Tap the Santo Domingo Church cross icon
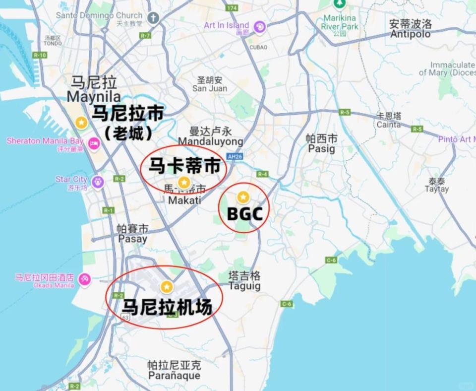pyautogui.click(x=153, y=18)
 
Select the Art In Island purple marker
pyautogui.click(x=259, y=27)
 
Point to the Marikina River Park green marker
pyautogui.click(x=339, y=4)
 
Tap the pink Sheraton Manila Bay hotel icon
pyautogui.click(x=93, y=143)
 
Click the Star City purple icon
pyautogui.click(x=98, y=181)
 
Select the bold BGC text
pyautogui.click(x=244, y=214)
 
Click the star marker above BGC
pyautogui.click(x=242, y=197)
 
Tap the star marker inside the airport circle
pyautogui.click(x=167, y=287)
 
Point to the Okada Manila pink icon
pyautogui.click(x=84, y=280)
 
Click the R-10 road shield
pyautogui.click(x=40, y=55)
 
